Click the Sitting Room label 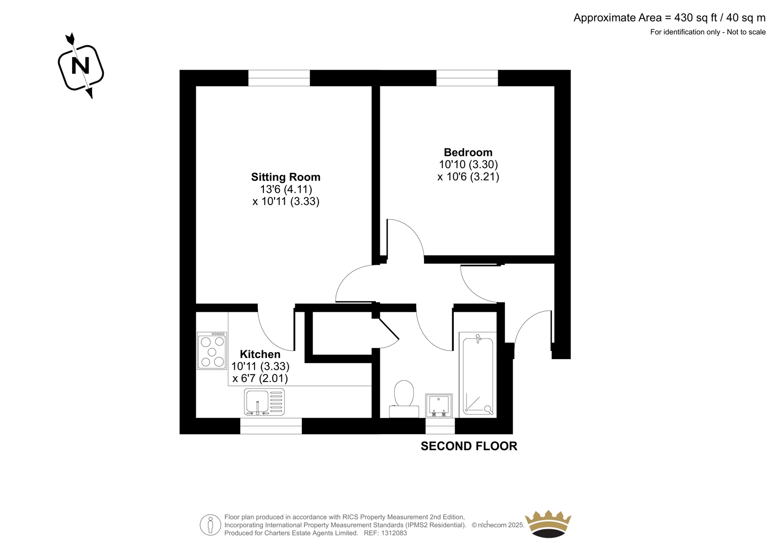click(285, 177)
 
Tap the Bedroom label click(468, 152)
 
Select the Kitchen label click(260, 354)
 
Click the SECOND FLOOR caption click(469, 446)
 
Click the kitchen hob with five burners click(212, 350)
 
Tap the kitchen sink click(264, 402)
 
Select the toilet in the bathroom click(404, 399)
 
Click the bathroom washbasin click(439, 405)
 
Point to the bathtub click(478, 375)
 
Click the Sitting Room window click(279, 78)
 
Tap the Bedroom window click(467, 78)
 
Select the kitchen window click(271, 426)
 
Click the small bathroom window click(440, 426)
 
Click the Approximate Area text click(669, 18)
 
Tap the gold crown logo click(548, 524)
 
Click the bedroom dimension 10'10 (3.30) click(468, 165)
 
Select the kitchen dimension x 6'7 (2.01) click(260, 379)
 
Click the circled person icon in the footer click(210, 525)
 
